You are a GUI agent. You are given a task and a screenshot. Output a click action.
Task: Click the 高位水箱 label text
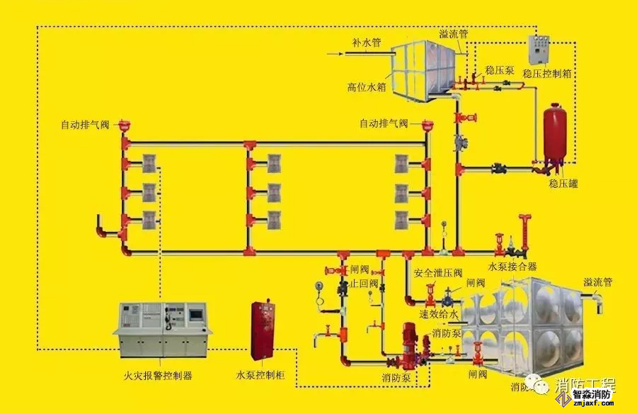[x=366, y=88]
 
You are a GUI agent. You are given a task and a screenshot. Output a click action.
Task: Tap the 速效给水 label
[x=439, y=313]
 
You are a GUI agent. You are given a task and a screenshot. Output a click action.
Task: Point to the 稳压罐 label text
[x=563, y=184]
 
